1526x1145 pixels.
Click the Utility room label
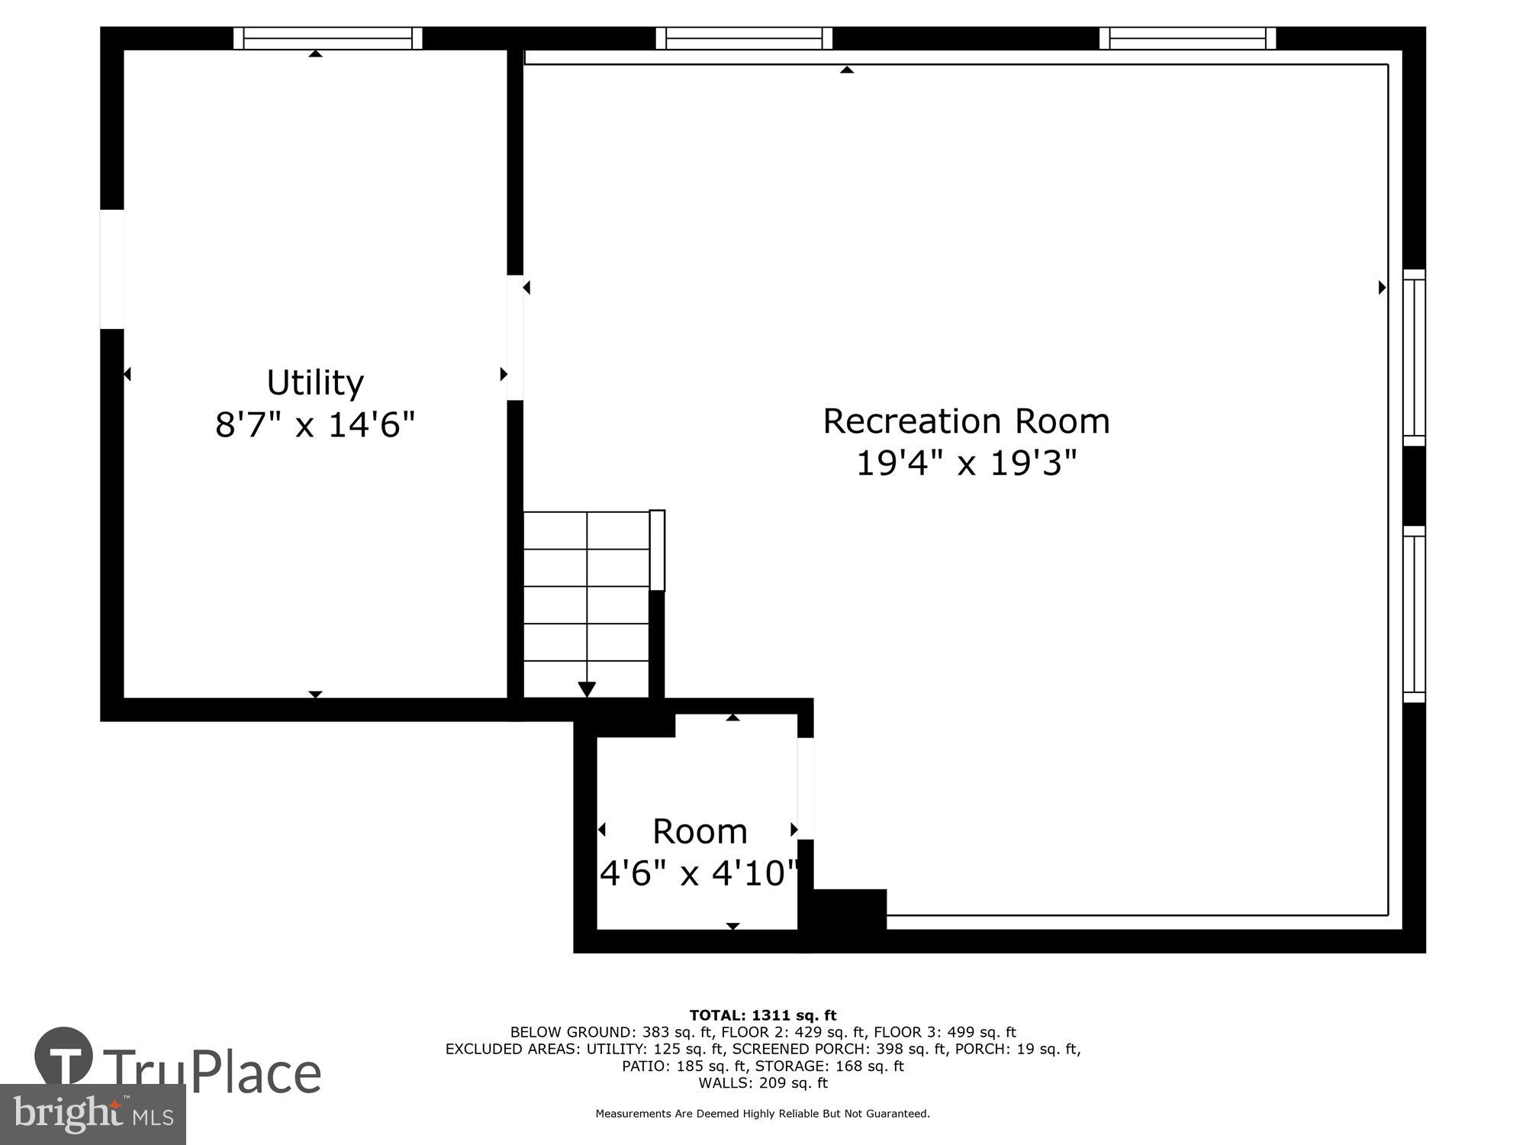pyautogui.click(x=314, y=382)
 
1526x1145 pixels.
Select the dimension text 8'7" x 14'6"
pyautogui.click(x=314, y=424)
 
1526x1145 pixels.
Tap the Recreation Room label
pyautogui.click(x=965, y=421)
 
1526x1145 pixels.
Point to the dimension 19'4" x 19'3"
pyautogui.click(x=965, y=463)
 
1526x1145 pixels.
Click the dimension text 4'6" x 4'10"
pyautogui.click(x=699, y=872)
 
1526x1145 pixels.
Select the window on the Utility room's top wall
pyautogui.click(x=327, y=38)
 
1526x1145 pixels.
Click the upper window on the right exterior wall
pyautogui.click(x=1414, y=357)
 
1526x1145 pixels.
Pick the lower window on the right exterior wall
pyautogui.click(x=1414, y=614)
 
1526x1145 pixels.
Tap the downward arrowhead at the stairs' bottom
pyautogui.click(x=586, y=689)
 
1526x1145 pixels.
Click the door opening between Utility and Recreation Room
pyautogui.click(x=515, y=337)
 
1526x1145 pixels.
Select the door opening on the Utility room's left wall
pyautogui.click(x=112, y=269)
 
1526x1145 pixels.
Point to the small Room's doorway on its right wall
pyautogui.click(x=805, y=788)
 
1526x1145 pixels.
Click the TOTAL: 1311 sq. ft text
pyautogui.click(x=762, y=1015)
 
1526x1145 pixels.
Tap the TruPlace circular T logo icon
pyautogui.click(x=64, y=1056)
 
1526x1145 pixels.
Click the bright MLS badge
pyautogui.click(x=92, y=1114)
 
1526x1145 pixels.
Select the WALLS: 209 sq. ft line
pyautogui.click(x=762, y=1082)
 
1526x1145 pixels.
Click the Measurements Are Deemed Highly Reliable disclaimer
pyautogui.click(x=762, y=1114)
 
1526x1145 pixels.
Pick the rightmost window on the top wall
pyautogui.click(x=1187, y=38)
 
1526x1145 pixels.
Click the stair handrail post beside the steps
pyautogui.click(x=657, y=550)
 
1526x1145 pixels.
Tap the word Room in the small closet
pyautogui.click(x=699, y=831)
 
